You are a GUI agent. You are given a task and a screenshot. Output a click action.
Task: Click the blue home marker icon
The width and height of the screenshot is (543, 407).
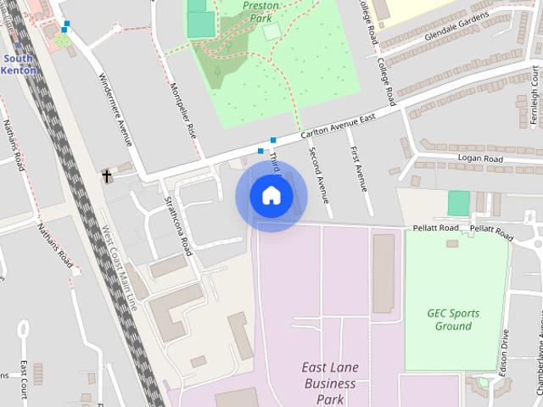(271, 196)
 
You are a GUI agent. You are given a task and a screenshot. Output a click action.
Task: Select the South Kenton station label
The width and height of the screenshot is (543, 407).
(19, 64)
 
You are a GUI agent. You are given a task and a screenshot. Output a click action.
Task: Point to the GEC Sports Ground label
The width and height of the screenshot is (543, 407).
(453, 320)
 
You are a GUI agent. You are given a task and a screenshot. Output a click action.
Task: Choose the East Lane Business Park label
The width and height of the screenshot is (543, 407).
(330, 383)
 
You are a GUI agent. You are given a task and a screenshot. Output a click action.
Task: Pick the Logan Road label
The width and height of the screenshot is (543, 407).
(480, 159)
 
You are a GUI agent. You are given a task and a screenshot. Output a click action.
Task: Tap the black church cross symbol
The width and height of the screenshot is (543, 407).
(107, 176)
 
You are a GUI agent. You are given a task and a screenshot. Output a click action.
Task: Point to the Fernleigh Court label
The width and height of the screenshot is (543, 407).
(535, 86)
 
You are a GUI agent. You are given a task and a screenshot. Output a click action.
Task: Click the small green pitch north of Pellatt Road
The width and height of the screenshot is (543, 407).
(458, 203)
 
